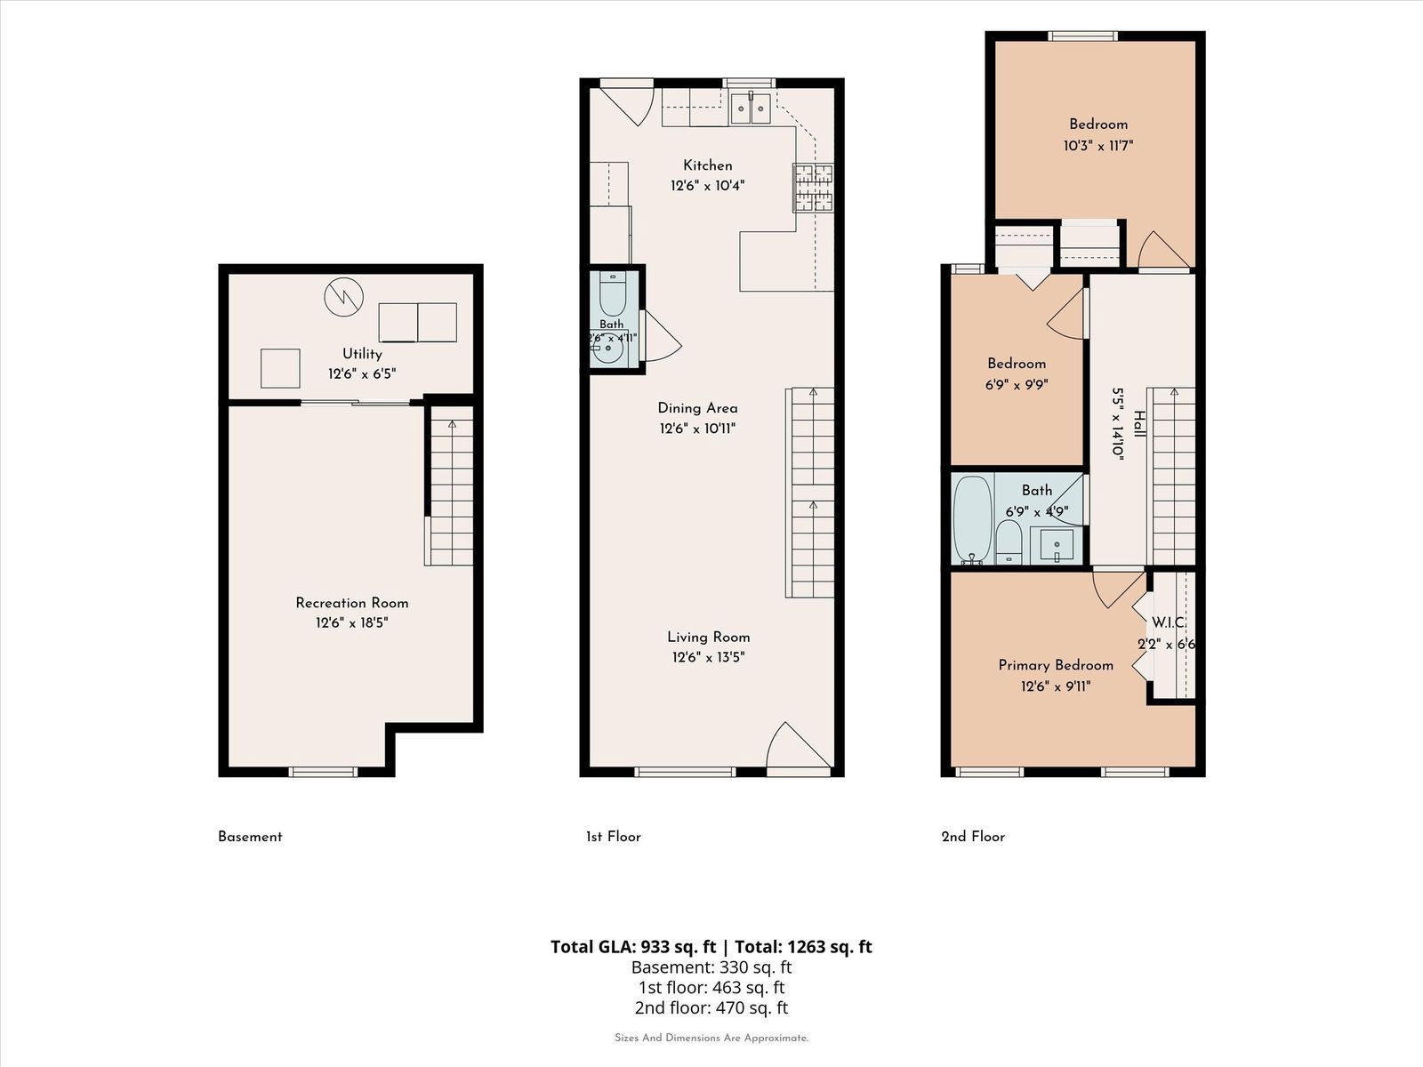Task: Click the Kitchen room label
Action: (x=707, y=165)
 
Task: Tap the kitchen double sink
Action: (x=751, y=108)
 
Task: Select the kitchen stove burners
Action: (x=814, y=188)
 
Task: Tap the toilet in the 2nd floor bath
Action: (x=1008, y=542)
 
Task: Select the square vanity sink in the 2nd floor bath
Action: (x=1057, y=545)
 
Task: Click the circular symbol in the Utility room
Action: (x=343, y=297)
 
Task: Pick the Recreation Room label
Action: (x=352, y=603)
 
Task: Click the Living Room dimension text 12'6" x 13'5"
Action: (x=708, y=658)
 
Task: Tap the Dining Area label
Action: (x=697, y=408)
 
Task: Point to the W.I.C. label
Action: (x=1169, y=622)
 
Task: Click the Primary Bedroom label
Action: (x=1056, y=665)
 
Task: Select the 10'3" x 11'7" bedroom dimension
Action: (x=1098, y=146)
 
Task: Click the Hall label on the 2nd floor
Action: (x=1139, y=424)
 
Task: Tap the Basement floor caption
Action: (x=250, y=837)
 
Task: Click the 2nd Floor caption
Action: (x=973, y=837)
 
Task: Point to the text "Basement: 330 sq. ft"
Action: (x=711, y=967)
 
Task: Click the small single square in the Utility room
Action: (x=280, y=368)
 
